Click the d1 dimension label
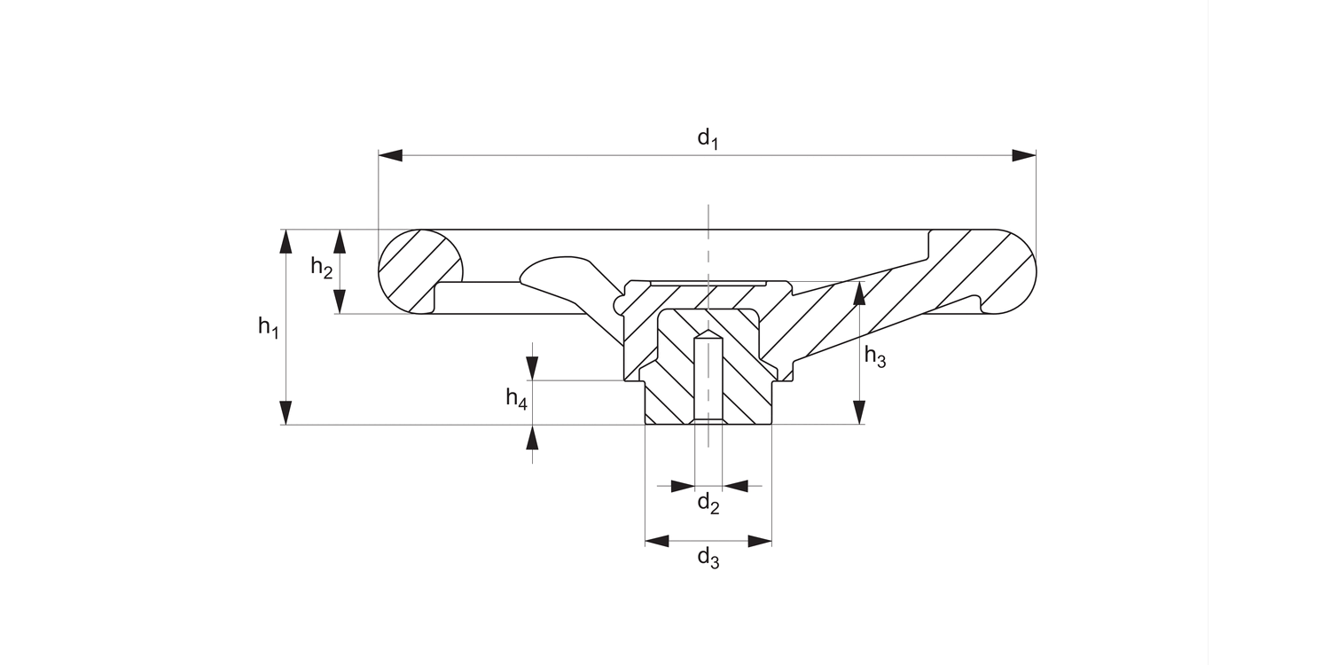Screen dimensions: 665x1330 (x=707, y=138)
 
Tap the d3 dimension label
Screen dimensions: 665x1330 (x=708, y=559)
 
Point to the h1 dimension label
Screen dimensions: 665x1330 (x=269, y=327)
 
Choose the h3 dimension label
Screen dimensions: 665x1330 (x=875, y=357)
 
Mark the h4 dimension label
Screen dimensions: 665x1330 (x=517, y=399)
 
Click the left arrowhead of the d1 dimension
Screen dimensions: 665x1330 (x=391, y=156)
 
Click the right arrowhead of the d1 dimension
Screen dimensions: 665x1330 (x=1024, y=156)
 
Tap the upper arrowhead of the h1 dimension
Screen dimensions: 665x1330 (x=286, y=241)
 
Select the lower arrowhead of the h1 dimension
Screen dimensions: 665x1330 (x=286, y=413)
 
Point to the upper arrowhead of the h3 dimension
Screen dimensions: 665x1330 (x=859, y=293)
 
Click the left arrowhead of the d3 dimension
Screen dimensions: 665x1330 (x=657, y=541)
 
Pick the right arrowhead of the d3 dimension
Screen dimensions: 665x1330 (x=760, y=541)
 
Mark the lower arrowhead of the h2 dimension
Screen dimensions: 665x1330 (x=339, y=301)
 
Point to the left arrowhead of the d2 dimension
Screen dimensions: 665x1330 (x=683, y=486)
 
